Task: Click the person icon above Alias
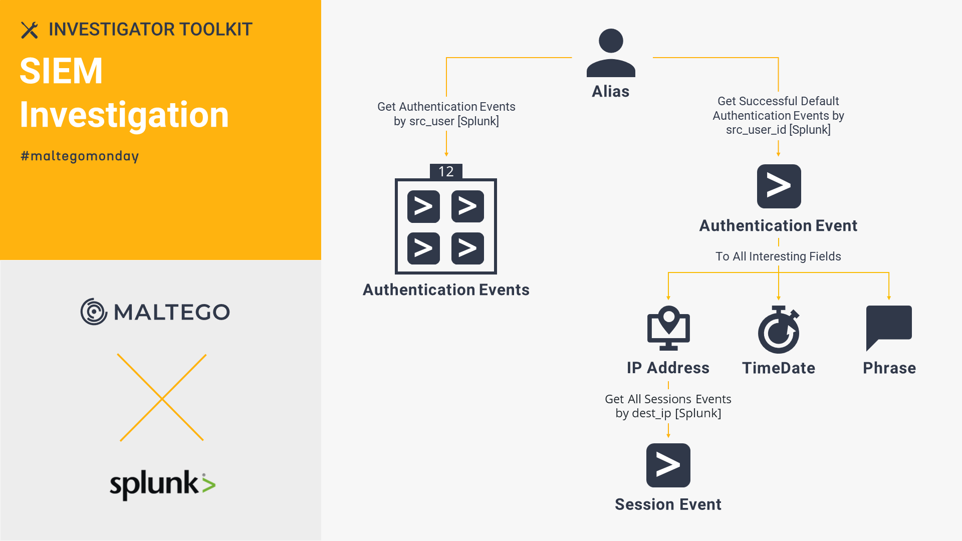[x=611, y=53]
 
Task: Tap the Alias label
[x=610, y=91]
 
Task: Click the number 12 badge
[x=446, y=171]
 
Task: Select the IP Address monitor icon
[x=668, y=328]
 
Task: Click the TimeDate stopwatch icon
[x=779, y=330]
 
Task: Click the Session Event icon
[x=668, y=465]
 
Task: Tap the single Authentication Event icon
[x=779, y=186]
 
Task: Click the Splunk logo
[x=163, y=484]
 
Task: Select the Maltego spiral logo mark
[x=94, y=312]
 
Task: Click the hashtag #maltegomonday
[x=80, y=156]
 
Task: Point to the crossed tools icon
[x=30, y=30]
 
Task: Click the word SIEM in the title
[x=61, y=71]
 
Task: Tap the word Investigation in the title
[x=124, y=115]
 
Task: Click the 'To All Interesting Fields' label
[x=778, y=256]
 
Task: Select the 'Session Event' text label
[x=668, y=504]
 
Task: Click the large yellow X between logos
[x=162, y=398]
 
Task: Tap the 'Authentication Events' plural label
[x=446, y=290]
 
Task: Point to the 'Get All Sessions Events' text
[x=668, y=399]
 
